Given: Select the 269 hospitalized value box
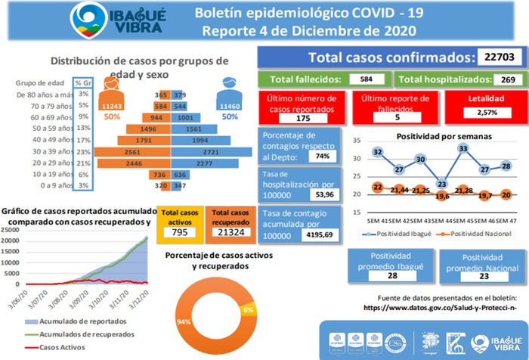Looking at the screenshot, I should [x=506, y=79].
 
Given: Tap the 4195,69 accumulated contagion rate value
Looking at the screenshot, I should [x=320, y=236].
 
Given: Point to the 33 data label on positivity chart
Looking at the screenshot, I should [x=463, y=148].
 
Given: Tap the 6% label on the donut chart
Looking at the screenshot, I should [x=248, y=311].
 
